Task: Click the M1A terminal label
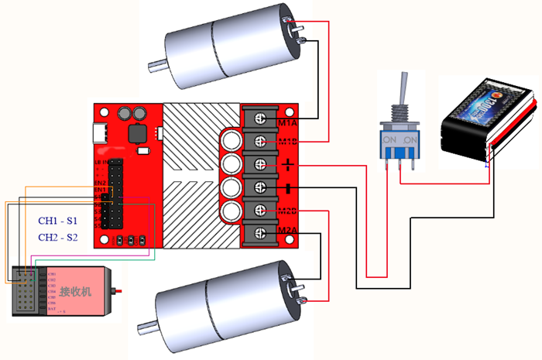(x=287, y=121)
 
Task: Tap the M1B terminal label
(x=287, y=142)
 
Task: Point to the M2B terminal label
(x=287, y=211)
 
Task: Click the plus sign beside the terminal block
(x=288, y=164)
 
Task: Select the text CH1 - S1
(x=58, y=221)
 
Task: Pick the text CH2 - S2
(x=58, y=237)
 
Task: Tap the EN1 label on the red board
(x=100, y=189)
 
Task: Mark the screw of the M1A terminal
(x=260, y=120)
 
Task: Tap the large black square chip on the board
(x=140, y=132)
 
